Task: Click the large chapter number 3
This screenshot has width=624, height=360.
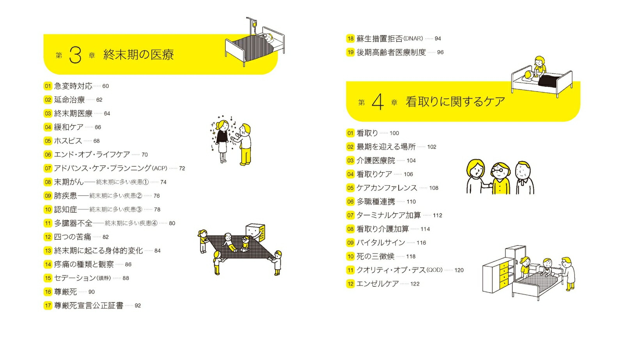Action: [75, 55]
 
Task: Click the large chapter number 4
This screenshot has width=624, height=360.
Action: [378, 102]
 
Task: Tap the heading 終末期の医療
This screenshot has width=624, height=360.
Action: [138, 55]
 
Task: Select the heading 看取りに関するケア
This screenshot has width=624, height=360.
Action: [455, 102]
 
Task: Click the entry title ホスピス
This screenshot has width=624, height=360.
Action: [68, 141]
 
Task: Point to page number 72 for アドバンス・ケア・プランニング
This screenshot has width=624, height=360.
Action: [182, 168]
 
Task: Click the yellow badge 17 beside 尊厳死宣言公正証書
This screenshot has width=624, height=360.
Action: [48, 305]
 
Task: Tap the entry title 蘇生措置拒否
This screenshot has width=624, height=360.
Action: [379, 39]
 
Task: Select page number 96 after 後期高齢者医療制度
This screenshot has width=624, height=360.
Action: [440, 52]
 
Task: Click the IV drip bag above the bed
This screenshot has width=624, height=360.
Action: [255, 24]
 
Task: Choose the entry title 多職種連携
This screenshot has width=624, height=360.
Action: [376, 202]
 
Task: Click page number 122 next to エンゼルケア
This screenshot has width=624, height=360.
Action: [415, 284]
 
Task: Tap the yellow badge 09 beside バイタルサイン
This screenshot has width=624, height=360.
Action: [350, 243]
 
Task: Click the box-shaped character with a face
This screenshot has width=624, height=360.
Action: [255, 232]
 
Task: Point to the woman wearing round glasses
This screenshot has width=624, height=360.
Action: [501, 178]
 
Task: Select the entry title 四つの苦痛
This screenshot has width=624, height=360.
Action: [73, 237]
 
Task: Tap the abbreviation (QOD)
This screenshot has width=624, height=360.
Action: [434, 270]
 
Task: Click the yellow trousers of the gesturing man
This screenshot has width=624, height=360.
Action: [246, 156]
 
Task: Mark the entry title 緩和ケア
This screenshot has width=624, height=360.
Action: [69, 127]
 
